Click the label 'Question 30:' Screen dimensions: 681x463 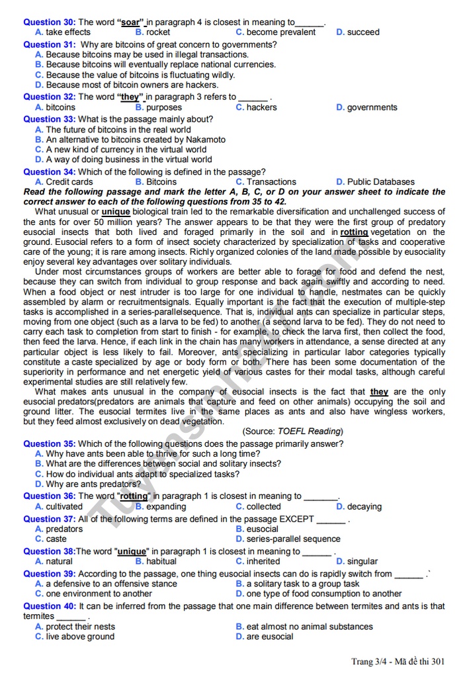50,22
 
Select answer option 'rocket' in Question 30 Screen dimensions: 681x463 158,32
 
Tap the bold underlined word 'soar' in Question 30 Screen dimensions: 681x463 131,22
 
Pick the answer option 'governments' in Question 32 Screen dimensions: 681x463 372,107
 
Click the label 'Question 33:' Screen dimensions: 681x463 50,119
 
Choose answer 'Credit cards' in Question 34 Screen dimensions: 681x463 69,181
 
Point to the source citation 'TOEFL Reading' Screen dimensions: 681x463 309,431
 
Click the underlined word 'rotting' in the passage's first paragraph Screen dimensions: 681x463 355,232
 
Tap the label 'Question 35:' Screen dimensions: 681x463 50,443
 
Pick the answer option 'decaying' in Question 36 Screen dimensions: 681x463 364,506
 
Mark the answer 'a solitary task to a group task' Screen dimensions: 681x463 303,584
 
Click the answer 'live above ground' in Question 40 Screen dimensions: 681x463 80,636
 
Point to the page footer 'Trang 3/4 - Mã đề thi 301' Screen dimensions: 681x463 398,661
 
